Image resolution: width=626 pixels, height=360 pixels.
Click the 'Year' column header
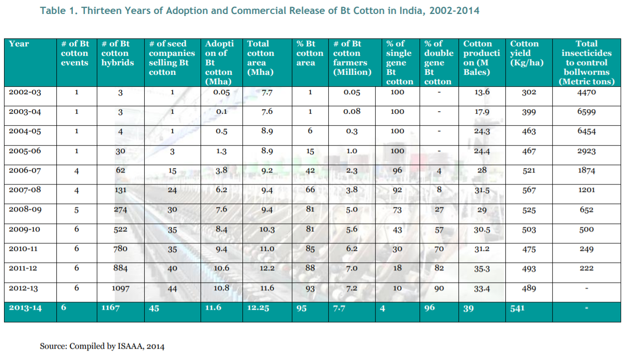point(19,44)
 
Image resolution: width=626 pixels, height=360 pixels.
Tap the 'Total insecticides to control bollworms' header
point(586,63)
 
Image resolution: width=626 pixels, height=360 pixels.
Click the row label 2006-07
point(25,171)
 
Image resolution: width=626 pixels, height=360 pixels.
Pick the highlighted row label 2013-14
point(25,308)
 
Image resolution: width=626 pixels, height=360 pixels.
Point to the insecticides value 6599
point(586,112)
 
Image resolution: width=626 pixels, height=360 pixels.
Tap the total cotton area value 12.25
point(258,308)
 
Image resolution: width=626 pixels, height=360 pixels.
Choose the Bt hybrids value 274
point(120,210)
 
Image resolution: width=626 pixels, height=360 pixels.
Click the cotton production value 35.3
point(481,269)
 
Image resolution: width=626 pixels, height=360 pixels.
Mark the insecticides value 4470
point(586,92)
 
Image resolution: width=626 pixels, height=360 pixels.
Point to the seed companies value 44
point(172,289)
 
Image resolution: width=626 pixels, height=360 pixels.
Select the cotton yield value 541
point(518,308)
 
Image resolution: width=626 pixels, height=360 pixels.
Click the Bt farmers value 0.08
point(352,112)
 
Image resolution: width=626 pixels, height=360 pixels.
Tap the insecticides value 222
point(587,268)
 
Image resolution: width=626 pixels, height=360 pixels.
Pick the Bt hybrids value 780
point(120,249)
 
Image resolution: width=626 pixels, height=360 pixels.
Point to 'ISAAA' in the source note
point(132,346)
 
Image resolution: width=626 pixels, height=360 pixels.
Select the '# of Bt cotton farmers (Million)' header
point(352,58)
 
